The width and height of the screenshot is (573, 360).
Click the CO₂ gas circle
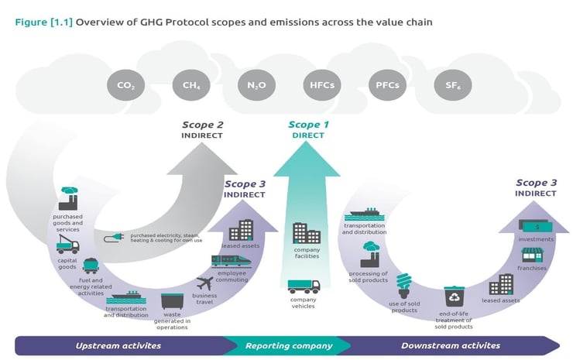[x=125, y=86]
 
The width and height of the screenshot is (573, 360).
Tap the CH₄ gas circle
[x=190, y=86]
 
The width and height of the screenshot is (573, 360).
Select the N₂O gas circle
[x=255, y=86]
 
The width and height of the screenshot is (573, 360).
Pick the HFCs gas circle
[x=321, y=86]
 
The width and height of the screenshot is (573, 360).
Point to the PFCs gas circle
[x=386, y=86]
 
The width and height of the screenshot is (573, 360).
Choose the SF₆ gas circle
[x=451, y=86]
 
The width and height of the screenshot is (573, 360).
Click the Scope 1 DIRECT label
[x=308, y=129]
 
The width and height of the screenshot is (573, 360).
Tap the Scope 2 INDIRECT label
[x=202, y=129]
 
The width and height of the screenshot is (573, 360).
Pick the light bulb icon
[x=403, y=283]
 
